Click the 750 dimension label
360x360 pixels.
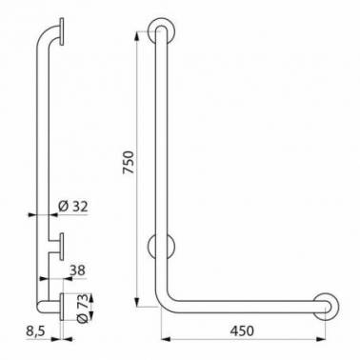point(129,162)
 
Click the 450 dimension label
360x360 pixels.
point(242,330)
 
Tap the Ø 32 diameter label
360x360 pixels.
point(73,207)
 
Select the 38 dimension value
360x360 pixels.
point(77,270)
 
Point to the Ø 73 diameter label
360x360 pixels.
point(82,309)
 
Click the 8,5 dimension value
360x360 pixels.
point(36,331)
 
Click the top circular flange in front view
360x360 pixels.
point(162,30)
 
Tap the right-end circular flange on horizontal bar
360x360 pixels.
point(326,307)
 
